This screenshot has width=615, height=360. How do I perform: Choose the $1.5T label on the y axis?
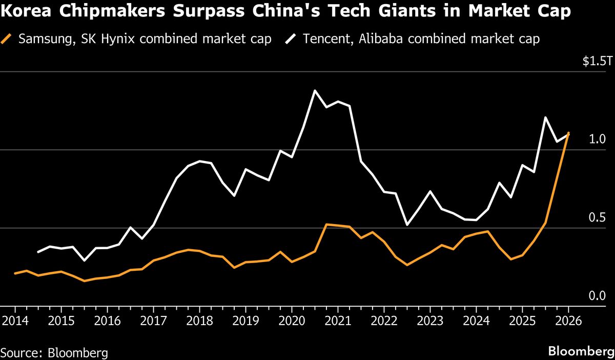pyautogui.click(x=597, y=62)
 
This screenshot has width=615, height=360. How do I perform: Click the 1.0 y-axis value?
pyautogui.click(x=598, y=139)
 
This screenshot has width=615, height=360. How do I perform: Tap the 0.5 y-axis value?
pyautogui.click(x=598, y=217)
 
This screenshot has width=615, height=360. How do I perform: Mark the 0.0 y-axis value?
pyautogui.click(x=598, y=296)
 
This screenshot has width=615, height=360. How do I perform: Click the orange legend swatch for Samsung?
pyautogui.click(x=7, y=39)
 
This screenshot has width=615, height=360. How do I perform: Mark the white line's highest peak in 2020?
pyautogui.click(x=315, y=91)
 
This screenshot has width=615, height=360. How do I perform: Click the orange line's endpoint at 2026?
pyautogui.click(x=568, y=133)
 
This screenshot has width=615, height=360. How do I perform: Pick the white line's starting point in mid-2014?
pyautogui.click(x=38, y=252)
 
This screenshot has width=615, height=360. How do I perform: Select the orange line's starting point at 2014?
pyautogui.click(x=14, y=273)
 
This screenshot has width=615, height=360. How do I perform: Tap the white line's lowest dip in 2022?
pyautogui.click(x=407, y=225)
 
